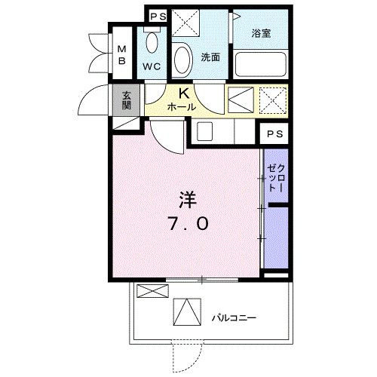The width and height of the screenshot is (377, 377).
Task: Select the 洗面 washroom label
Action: pos(210,57)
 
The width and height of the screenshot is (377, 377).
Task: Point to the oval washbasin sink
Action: pos(182,58)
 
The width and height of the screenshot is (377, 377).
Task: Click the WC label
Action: pos(152,66)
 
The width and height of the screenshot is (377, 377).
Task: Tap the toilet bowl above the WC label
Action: pos(152,42)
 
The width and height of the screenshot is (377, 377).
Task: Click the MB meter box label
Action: pos(121,55)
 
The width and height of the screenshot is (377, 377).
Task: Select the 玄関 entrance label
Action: pos(126,100)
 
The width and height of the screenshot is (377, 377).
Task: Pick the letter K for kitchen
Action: pos(183,93)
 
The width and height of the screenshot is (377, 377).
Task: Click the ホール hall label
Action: pos(182,107)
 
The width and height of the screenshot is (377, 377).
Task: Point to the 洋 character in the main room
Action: pos(187,200)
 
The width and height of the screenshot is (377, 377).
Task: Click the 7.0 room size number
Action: pos(188,224)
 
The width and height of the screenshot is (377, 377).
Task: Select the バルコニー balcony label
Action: pos(232,317)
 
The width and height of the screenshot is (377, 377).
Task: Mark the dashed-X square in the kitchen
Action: pos(273,99)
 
